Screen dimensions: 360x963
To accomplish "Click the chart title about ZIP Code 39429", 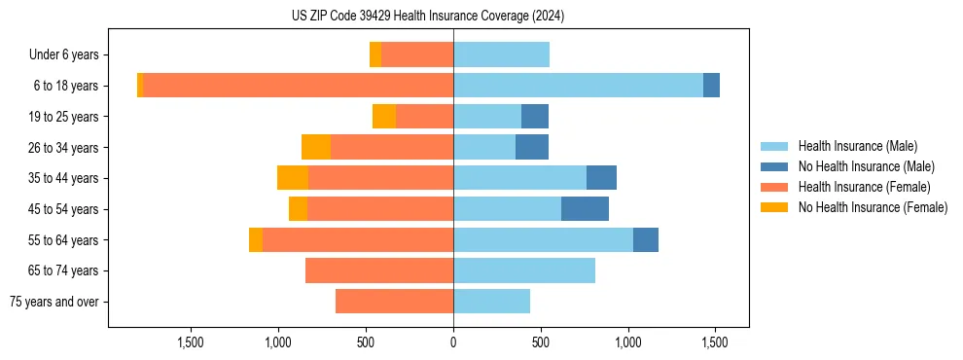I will pyautogui.click(x=428, y=17).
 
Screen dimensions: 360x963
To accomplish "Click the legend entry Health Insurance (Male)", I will pyautogui.click(x=857, y=146).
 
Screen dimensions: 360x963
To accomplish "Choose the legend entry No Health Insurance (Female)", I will pyautogui.click(x=873, y=207).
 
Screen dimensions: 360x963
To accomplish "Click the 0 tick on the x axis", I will pyautogui.click(x=453, y=342).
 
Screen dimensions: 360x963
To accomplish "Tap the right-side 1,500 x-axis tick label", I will pyautogui.click(x=715, y=342).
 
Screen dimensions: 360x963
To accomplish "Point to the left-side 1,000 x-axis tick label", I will pyautogui.click(x=278, y=342).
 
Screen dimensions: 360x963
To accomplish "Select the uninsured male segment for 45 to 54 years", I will pyautogui.click(x=585, y=209).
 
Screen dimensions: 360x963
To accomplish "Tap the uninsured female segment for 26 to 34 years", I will pyautogui.click(x=316, y=147).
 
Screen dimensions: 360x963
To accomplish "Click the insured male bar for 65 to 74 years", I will pyautogui.click(x=524, y=270).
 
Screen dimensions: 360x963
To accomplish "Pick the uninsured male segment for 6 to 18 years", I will pyautogui.click(x=711, y=86).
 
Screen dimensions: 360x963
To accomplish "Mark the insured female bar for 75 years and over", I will pyautogui.click(x=394, y=302).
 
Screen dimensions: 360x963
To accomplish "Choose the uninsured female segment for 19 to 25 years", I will pyautogui.click(x=384, y=117).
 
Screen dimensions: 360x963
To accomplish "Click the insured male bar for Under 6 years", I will pyautogui.click(x=501, y=55).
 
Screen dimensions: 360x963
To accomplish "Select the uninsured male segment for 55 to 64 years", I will pyautogui.click(x=646, y=239).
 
